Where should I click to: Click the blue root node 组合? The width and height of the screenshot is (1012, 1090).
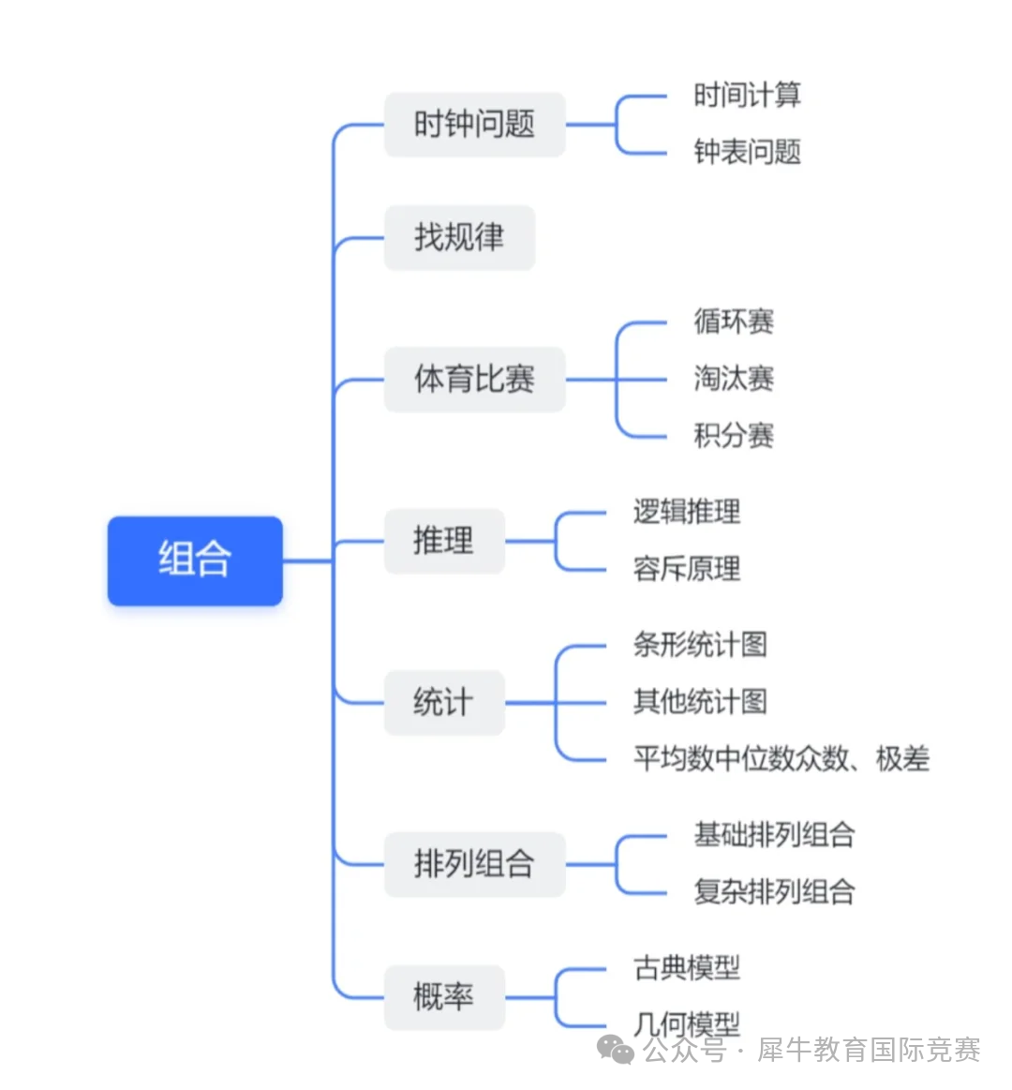[195, 560]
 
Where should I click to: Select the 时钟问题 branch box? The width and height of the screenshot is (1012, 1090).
[474, 125]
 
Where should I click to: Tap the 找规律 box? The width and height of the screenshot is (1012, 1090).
[459, 237]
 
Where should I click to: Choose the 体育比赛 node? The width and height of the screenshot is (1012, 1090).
[474, 380]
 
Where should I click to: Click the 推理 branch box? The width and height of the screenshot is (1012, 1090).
[444, 541]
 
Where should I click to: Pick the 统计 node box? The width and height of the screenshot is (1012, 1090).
[444, 702]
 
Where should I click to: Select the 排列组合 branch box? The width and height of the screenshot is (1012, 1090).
[474, 863]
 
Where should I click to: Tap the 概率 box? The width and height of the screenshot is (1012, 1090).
[444, 996]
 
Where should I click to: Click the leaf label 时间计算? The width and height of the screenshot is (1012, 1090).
[747, 95]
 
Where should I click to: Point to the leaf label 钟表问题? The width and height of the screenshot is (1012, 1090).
[747, 152]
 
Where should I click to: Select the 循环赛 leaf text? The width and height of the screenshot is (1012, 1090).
[734, 321]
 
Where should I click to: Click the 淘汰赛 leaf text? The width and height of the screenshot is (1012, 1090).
[734, 379]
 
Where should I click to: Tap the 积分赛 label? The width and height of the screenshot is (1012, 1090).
[734, 436]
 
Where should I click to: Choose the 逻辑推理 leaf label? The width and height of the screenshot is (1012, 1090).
[687, 512]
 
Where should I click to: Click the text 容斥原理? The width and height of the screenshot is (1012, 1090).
[687, 569]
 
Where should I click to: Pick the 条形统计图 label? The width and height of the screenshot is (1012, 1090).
[700, 645]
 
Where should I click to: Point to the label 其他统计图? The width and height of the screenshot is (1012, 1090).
[700, 702]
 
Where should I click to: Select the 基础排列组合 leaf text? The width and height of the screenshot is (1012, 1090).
[774, 834]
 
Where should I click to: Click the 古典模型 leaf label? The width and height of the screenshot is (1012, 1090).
[687, 967]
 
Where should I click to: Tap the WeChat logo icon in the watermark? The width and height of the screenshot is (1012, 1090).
[616, 1051]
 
